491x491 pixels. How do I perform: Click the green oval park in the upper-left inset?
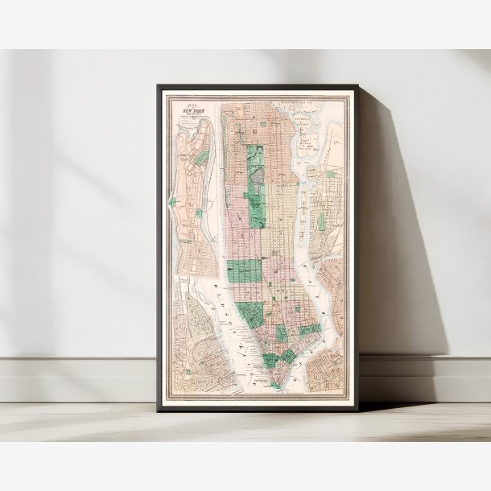(x=202, y=158)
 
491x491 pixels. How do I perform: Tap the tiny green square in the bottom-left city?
(x=188, y=371)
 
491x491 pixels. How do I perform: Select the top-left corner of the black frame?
(x=159, y=86)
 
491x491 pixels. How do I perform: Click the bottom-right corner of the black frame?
(x=357, y=411)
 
